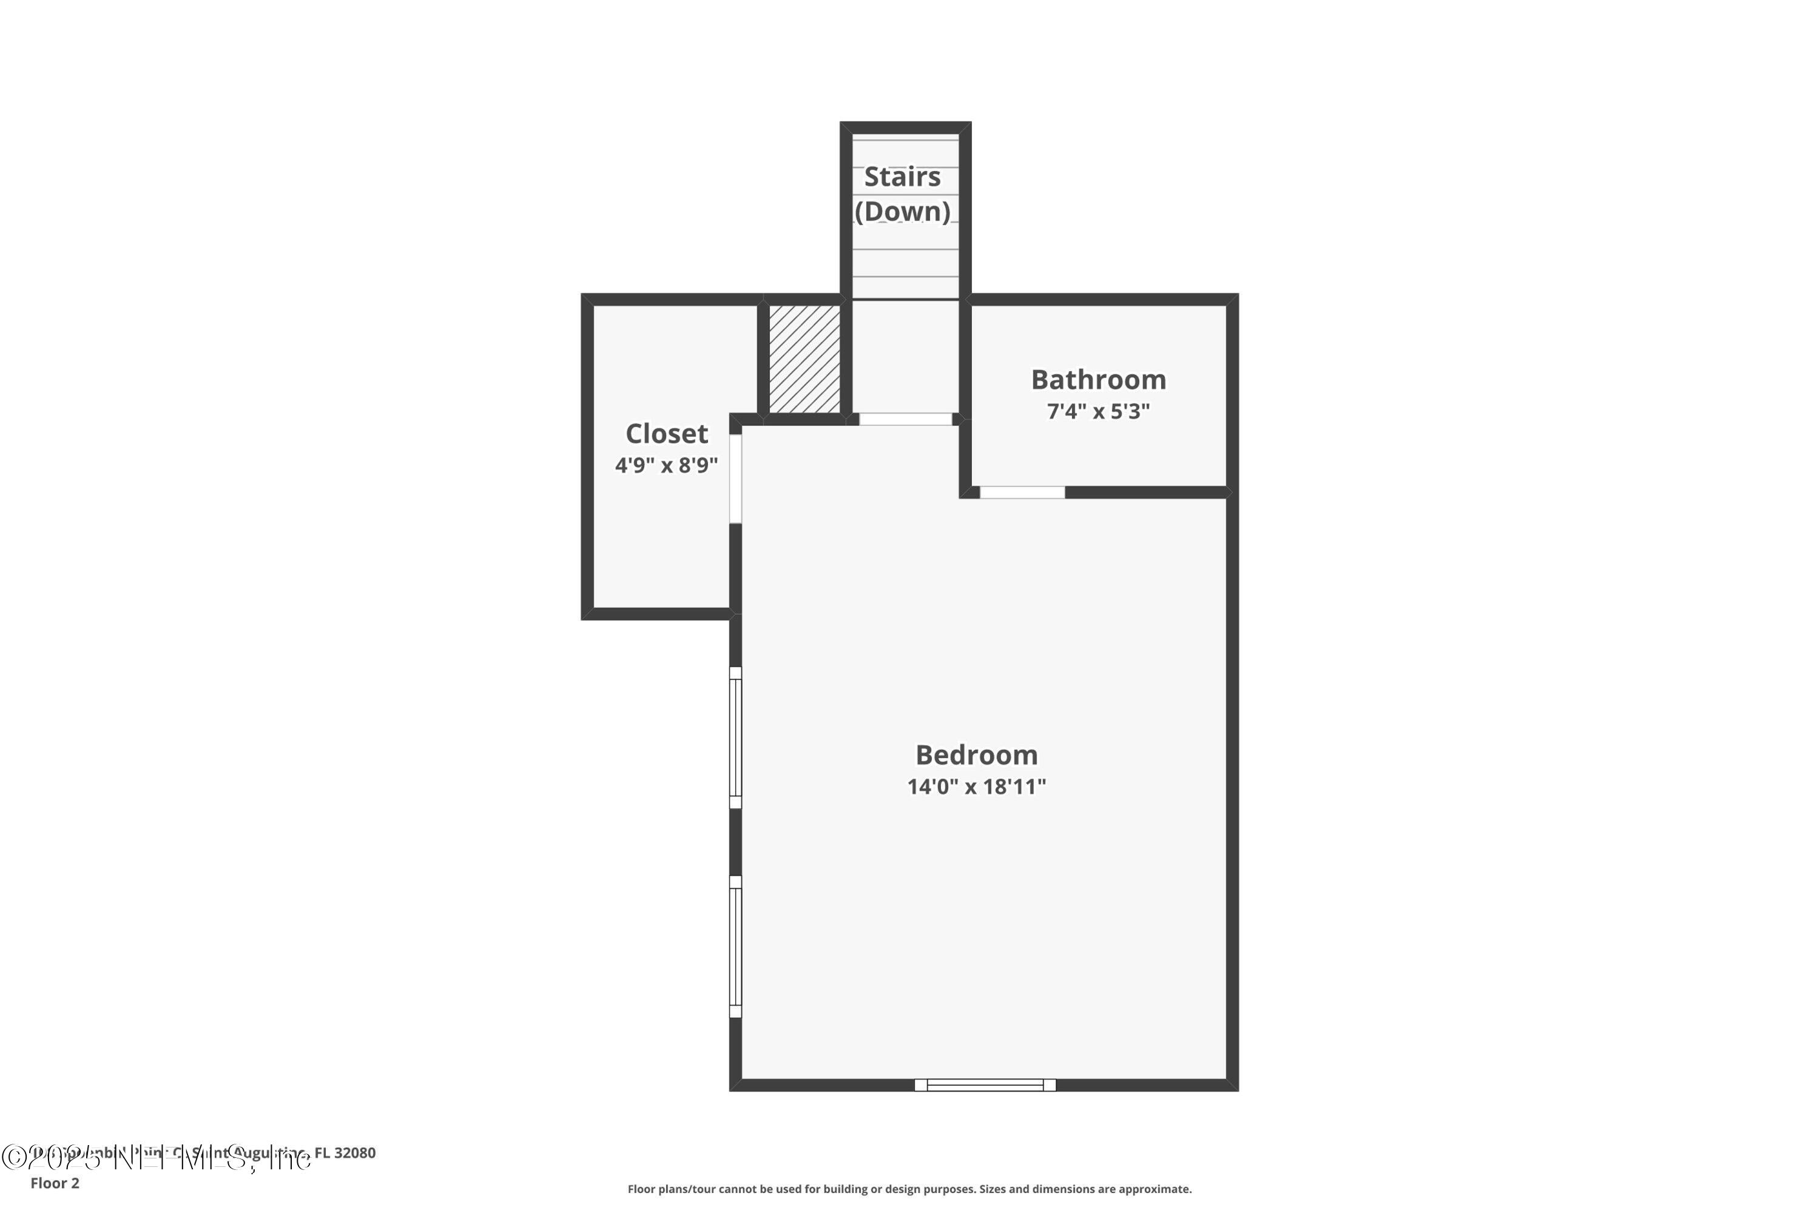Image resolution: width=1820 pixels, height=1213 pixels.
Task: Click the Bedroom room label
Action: tap(977, 755)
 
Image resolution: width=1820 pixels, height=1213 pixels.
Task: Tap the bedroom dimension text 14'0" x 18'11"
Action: tap(977, 787)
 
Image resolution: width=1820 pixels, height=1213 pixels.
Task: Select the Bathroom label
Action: tap(1098, 380)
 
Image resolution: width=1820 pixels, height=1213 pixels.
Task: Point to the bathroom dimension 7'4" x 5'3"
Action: tap(1098, 412)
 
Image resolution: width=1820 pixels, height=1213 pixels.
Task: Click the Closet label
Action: tap(666, 434)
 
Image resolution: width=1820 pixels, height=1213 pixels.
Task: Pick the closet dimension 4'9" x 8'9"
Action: tap(666, 466)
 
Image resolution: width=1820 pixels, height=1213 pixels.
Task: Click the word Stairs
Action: tap(902, 177)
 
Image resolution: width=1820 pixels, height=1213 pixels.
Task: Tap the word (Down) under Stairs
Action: tap(902, 211)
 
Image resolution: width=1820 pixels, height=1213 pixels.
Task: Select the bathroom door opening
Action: tap(1022, 492)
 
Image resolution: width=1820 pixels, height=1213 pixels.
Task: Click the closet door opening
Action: tap(736, 479)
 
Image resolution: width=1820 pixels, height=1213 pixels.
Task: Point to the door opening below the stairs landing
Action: tap(905, 419)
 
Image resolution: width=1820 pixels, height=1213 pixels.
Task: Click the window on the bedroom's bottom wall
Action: tap(985, 1086)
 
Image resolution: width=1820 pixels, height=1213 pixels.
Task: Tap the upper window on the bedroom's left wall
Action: tap(736, 738)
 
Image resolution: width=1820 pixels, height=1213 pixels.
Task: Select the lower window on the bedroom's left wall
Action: tap(736, 946)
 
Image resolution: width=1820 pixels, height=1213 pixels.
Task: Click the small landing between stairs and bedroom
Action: tap(905, 357)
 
